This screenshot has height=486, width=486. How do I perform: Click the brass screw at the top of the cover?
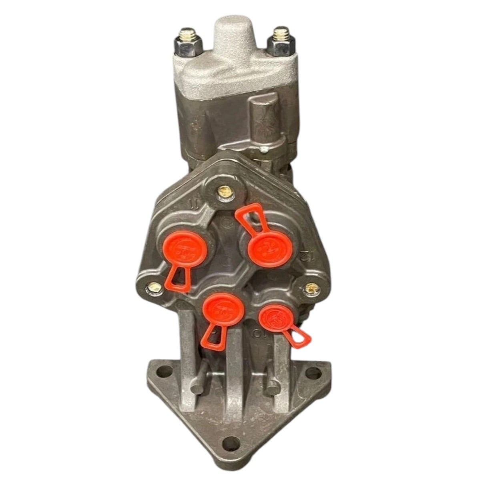223,192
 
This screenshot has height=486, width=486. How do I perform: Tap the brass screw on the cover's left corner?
155,287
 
